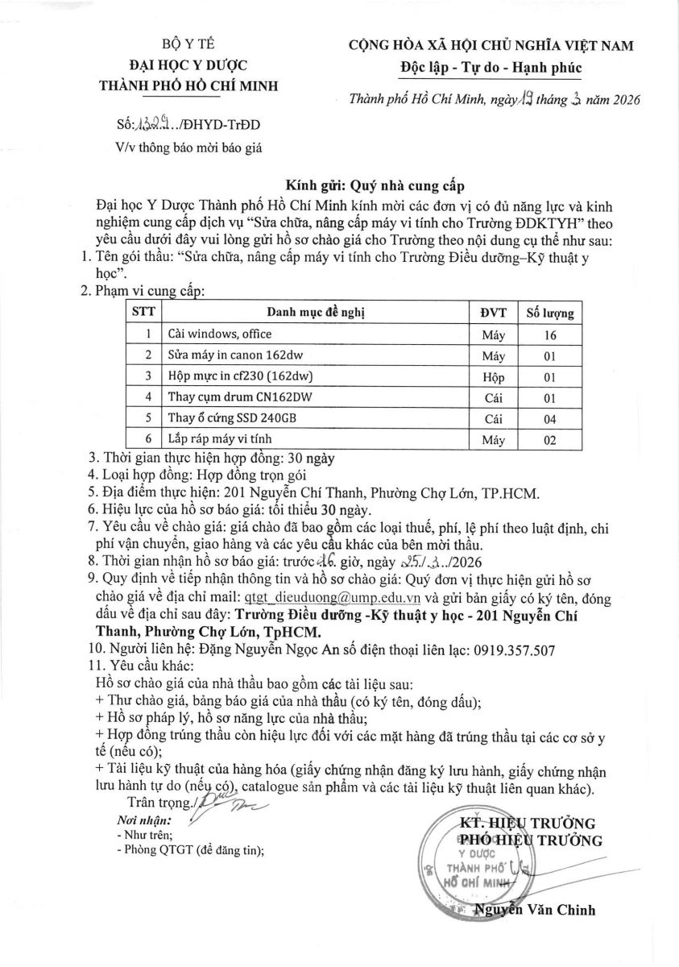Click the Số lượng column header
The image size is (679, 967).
(550, 313)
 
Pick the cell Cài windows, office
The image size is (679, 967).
(220, 334)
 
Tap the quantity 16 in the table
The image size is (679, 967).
(550, 334)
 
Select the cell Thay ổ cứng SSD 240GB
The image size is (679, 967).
(231, 417)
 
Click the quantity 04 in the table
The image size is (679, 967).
(550, 418)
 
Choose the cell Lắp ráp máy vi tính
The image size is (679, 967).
(221, 438)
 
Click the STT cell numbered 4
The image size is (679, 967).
(147, 397)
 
